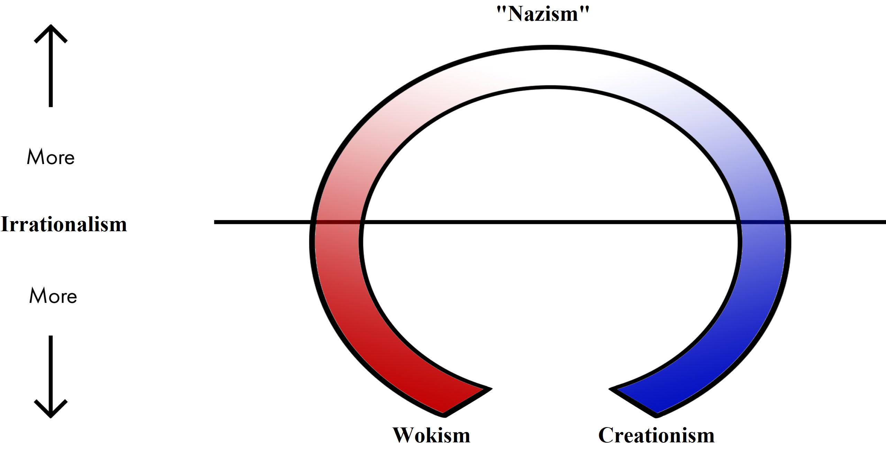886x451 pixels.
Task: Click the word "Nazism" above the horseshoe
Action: coord(543,14)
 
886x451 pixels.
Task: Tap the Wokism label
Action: coord(431,435)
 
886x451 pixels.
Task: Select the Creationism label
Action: coord(656,435)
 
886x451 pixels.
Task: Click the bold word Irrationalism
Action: coord(64,224)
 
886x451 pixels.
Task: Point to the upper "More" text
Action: coord(51,157)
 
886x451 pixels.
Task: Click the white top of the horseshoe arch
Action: coord(550,66)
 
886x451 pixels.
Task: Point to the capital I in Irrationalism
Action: coord(5,224)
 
